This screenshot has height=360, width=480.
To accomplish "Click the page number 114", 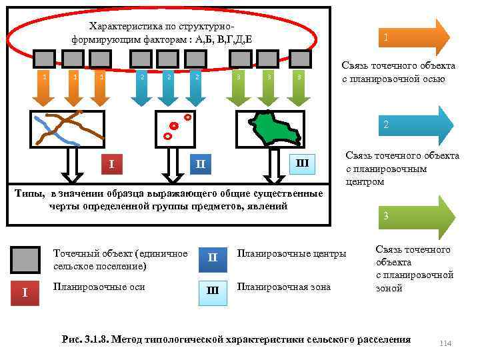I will (445, 343).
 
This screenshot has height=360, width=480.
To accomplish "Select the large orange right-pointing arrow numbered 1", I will (413, 37).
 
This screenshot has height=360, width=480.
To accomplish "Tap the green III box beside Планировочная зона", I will (212, 291).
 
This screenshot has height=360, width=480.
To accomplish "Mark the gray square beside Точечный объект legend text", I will (25, 259).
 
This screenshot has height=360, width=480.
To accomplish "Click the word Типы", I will (35, 193).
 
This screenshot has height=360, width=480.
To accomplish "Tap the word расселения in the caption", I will (385, 339).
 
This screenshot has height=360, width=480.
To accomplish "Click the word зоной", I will (389, 288).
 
